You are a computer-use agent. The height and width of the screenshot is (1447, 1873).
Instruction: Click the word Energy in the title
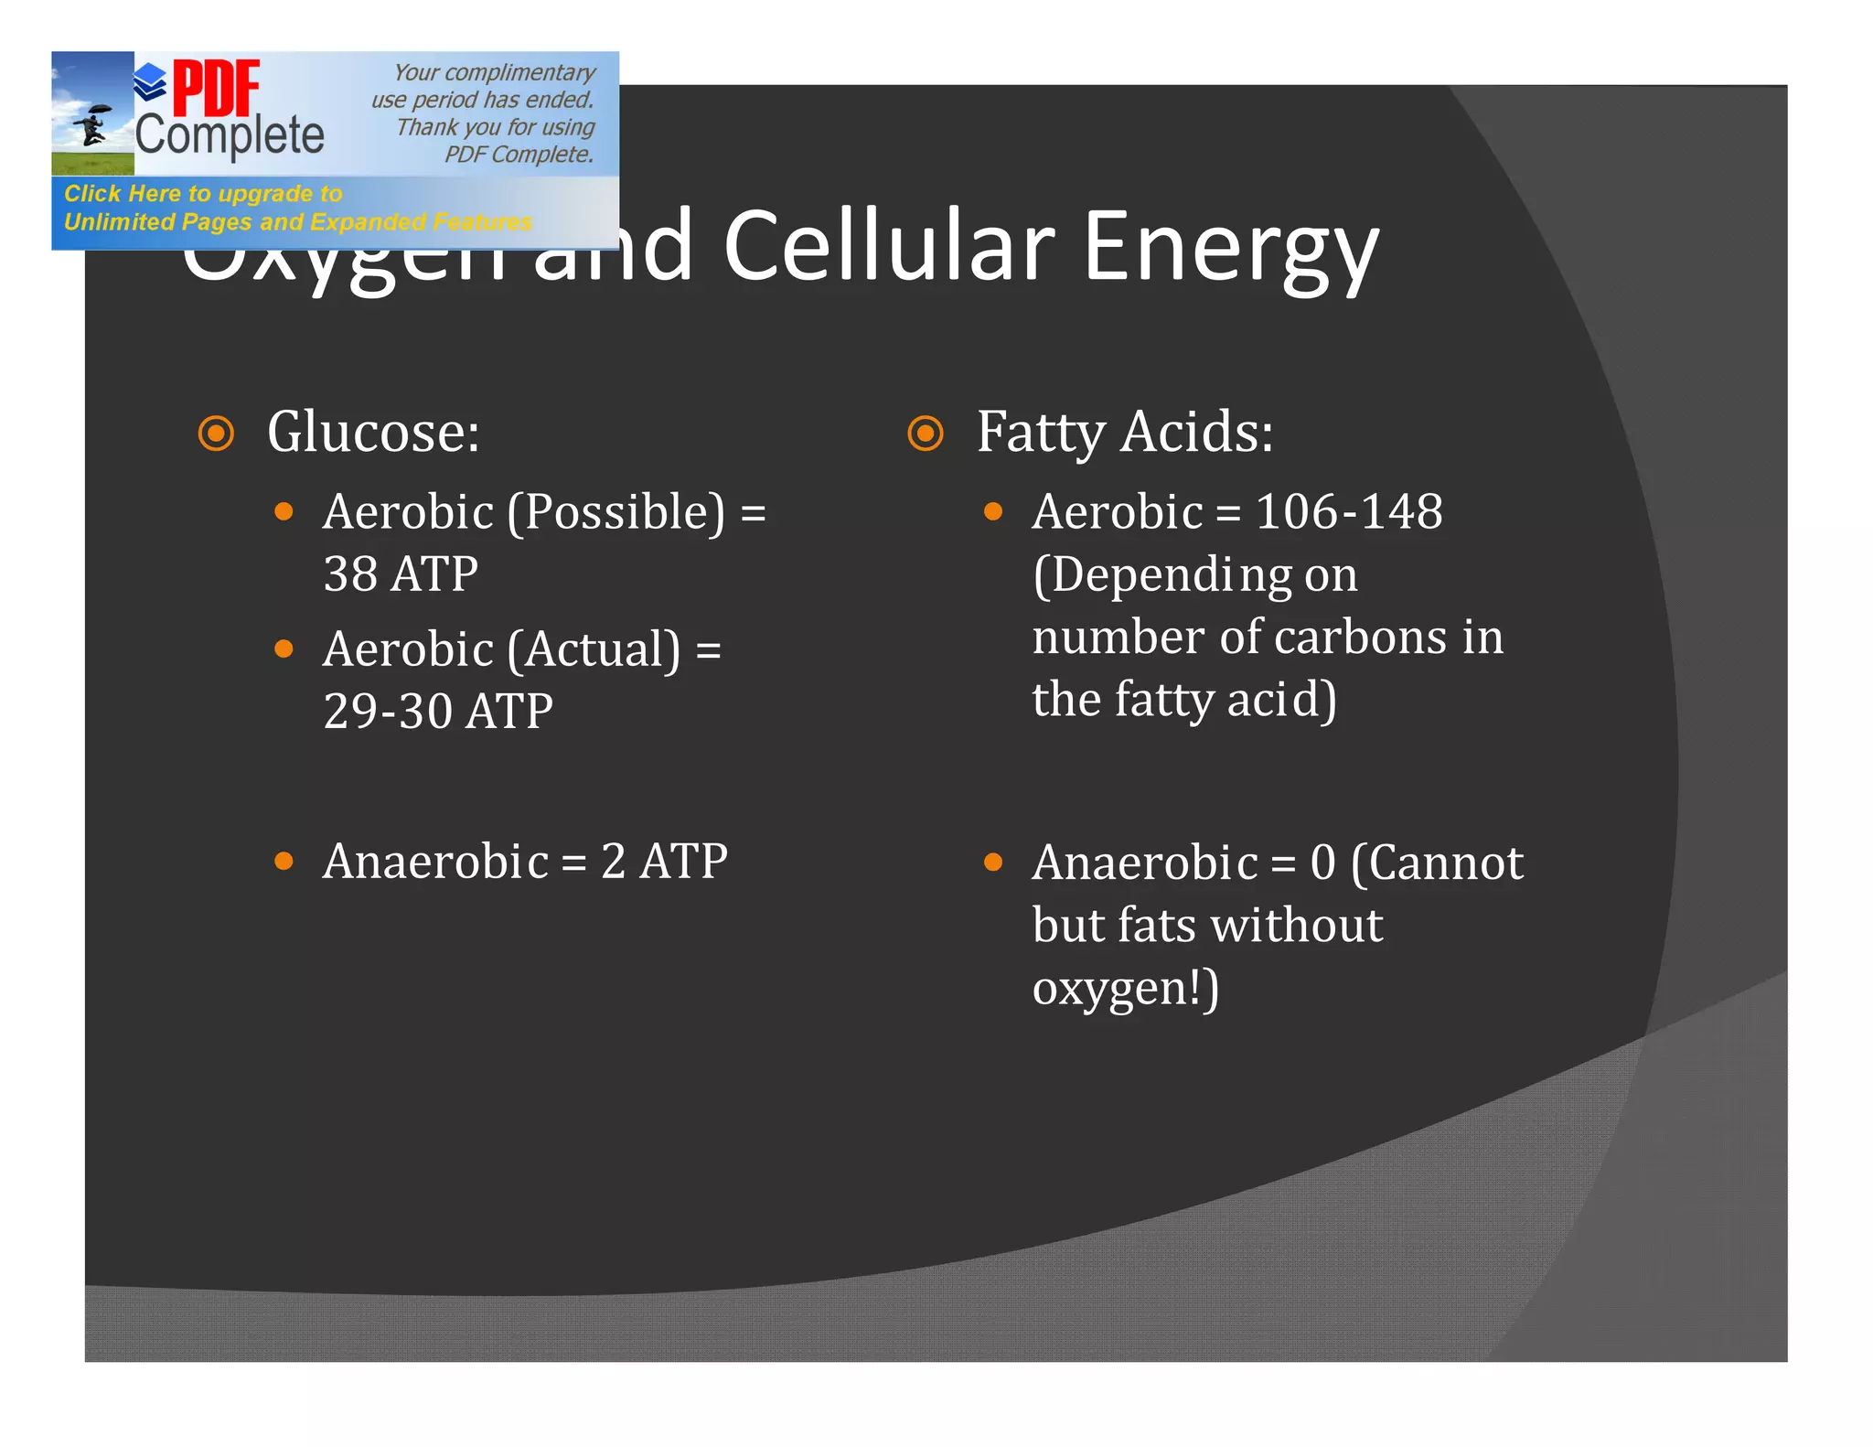point(1230,247)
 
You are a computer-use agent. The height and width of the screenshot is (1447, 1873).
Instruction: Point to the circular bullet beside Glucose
point(217,433)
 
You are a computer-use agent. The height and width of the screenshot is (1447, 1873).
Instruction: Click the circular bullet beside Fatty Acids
point(926,433)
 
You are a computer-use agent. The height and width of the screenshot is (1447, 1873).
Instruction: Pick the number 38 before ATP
point(350,573)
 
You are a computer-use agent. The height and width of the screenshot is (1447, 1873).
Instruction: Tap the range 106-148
point(1349,510)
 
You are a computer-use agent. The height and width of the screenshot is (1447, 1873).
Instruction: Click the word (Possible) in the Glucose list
point(616,512)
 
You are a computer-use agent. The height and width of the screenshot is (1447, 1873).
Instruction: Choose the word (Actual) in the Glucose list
point(594,649)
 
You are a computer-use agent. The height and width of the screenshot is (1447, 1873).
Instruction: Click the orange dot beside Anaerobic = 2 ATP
point(284,861)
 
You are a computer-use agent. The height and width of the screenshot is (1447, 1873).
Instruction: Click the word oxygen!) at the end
point(1126,989)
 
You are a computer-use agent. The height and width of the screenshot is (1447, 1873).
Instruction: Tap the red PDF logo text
point(216,88)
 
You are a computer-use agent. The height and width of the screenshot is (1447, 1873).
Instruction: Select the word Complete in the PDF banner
point(230,135)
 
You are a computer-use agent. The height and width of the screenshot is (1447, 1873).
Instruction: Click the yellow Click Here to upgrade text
point(203,194)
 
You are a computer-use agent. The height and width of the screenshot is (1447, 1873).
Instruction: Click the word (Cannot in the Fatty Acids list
point(1437,862)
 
